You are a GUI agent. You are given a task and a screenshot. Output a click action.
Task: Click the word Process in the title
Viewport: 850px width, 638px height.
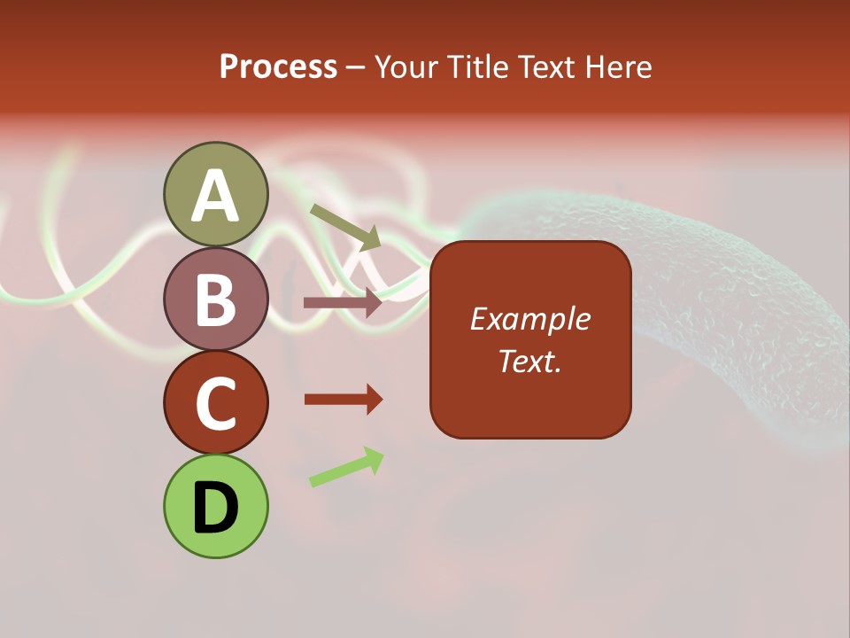pyautogui.click(x=278, y=67)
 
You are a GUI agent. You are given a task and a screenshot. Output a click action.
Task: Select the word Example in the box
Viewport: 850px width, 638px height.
pyautogui.click(x=529, y=319)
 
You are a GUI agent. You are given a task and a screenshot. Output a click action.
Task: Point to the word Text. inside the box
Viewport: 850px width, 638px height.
pyautogui.click(x=529, y=361)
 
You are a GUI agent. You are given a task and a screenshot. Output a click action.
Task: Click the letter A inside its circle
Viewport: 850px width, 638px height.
pyautogui.click(x=215, y=196)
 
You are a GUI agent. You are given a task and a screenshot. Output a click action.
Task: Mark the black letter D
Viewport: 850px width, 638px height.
pyautogui.click(x=215, y=508)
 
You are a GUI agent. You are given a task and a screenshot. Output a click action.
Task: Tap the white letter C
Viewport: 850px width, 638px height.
pyautogui.click(x=215, y=404)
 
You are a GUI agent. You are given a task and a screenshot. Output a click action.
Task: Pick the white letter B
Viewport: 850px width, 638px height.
pyautogui.click(x=215, y=300)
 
